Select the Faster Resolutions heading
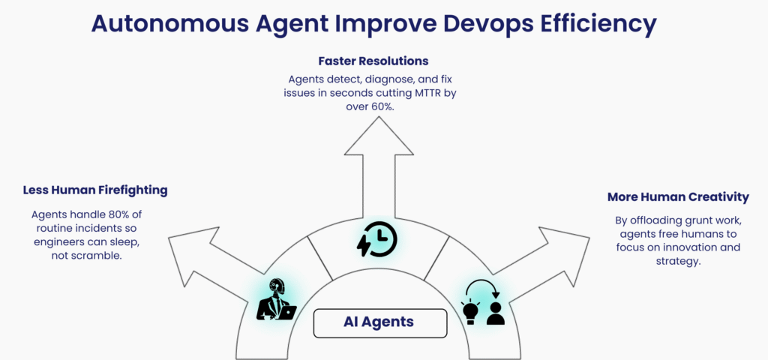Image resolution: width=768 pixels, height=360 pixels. coord(373,61)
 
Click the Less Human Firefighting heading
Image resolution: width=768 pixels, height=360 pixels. coord(95,190)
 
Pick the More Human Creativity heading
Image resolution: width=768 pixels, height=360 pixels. coord(678,197)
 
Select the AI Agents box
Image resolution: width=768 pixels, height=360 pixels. coord(380,323)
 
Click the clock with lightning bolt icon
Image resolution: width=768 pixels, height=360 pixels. coord(376,238)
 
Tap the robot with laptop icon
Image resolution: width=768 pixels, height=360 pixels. coord(276,300)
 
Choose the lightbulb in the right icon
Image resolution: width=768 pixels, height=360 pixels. coord(470,310)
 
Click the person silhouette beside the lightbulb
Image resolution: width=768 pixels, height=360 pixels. coord(495,313)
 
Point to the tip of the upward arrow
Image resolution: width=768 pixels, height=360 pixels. coord(379,116)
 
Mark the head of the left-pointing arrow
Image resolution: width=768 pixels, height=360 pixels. coord(169,238)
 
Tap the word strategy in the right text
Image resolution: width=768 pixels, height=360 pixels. coord(678,261)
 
